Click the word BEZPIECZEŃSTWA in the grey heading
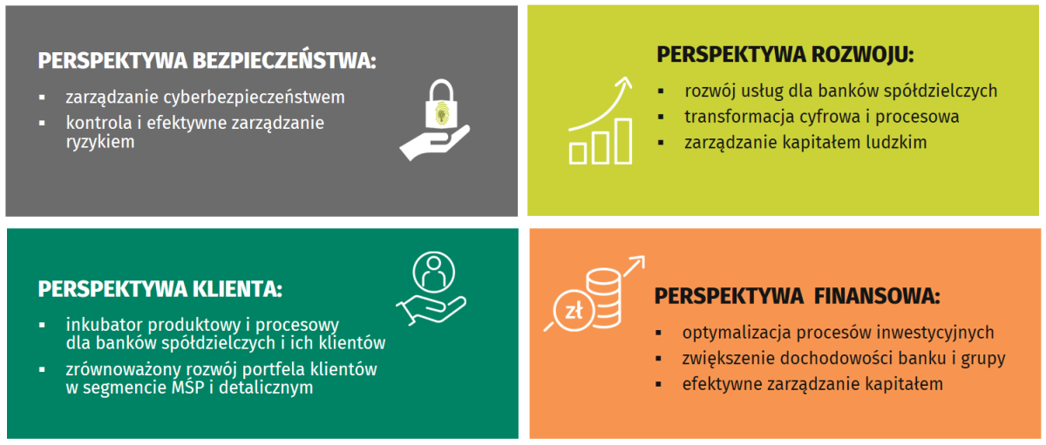[x=284, y=60]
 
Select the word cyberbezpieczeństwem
[x=254, y=98]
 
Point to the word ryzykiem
[x=100, y=142]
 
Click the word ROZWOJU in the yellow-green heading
[x=862, y=55]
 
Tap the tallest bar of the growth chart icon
[x=623, y=141]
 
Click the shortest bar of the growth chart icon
[x=578, y=153]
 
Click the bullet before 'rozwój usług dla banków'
[x=661, y=91]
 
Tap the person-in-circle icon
[x=434, y=273]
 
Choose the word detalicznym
[x=266, y=388]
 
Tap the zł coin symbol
[x=574, y=310]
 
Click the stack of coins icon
[x=604, y=297]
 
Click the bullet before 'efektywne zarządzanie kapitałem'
[x=658, y=385]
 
